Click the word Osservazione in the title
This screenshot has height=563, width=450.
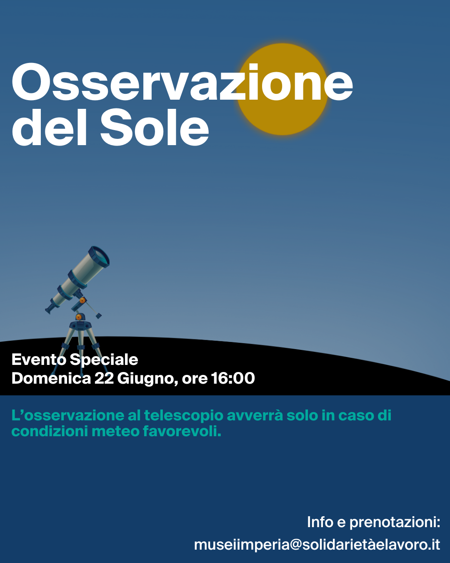coord(182,82)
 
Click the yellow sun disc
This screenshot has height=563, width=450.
coord(282,89)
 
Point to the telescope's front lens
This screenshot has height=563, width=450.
coord(99,256)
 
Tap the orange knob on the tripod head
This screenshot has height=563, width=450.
coord(78,317)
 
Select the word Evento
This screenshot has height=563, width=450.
coord(39,359)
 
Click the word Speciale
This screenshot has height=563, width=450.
coord(104,360)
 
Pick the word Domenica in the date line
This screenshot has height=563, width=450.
coord(51,378)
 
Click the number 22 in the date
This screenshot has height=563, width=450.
coord(104,378)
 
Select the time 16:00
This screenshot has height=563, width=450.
coord(233,378)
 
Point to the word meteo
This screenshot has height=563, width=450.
coord(115,431)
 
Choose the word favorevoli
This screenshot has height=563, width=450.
coord(182,431)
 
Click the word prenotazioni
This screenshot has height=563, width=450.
coord(395,523)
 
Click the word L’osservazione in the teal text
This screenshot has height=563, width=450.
coord(68,415)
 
